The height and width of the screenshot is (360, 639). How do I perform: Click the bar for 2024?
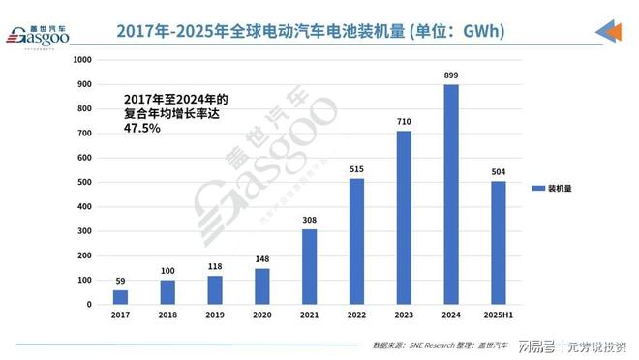(x=451, y=195)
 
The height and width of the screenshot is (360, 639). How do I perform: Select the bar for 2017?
(x=119, y=297)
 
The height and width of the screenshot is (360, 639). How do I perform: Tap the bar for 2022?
(x=356, y=242)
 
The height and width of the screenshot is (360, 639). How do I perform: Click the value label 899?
(x=451, y=75)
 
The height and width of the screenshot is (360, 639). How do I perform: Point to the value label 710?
(x=404, y=122)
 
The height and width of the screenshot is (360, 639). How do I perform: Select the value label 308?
(x=309, y=220)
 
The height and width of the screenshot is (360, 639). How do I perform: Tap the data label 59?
(x=119, y=282)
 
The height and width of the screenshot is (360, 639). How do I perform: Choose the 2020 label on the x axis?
(x=261, y=316)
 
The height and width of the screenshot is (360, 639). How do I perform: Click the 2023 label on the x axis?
(x=404, y=316)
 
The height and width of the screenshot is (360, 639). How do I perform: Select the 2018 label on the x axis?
(x=167, y=316)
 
